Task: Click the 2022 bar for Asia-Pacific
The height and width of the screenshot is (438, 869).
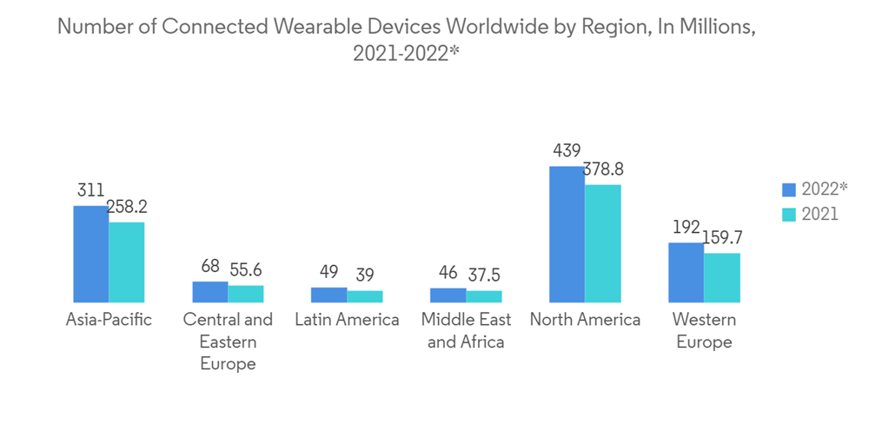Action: [90, 254]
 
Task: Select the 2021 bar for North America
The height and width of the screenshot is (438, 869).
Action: [603, 243]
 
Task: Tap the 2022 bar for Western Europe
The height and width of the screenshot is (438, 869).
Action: [686, 273]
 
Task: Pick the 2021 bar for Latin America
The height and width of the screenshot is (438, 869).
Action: [365, 296]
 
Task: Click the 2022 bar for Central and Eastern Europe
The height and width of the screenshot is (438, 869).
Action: [209, 292]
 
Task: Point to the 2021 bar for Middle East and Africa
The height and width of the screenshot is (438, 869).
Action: [484, 296]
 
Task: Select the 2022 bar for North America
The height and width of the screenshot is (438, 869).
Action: [567, 234]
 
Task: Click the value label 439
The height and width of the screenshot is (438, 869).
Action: [567, 150]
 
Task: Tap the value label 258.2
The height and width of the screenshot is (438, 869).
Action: [127, 207]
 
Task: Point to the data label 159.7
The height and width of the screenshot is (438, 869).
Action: [722, 237]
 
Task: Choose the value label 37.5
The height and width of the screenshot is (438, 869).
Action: [484, 275]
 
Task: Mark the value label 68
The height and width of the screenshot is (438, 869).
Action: [209, 266]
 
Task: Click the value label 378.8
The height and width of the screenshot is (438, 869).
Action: [603, 169]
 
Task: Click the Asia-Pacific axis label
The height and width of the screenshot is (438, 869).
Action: [109, 320]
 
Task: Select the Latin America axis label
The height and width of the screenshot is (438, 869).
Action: [347, 320]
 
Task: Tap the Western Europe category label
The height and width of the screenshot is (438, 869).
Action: [704, 330]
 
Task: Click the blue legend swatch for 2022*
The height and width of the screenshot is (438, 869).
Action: [789, 189]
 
